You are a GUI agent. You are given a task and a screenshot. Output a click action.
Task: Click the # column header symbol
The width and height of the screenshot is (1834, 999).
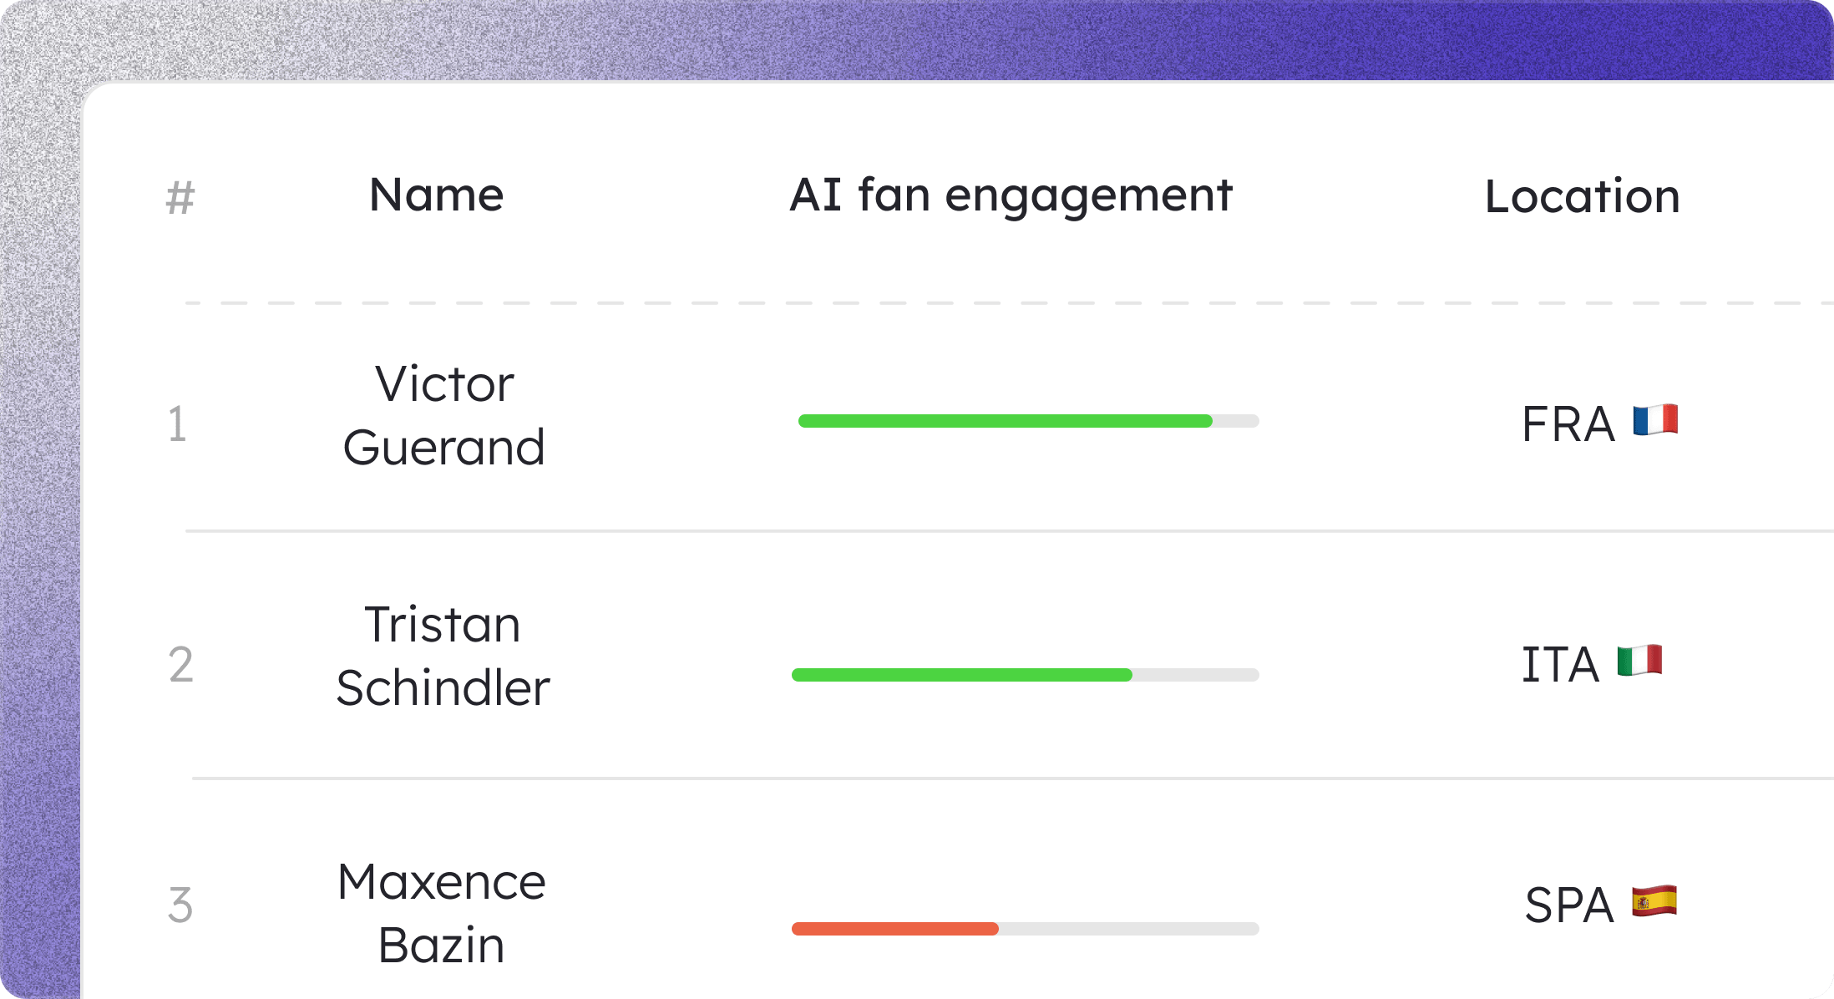(180, 198)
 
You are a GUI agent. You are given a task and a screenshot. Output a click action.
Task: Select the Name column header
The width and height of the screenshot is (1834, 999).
(437, 195)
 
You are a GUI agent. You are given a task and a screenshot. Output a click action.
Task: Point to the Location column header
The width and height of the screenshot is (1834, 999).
(1583, 196)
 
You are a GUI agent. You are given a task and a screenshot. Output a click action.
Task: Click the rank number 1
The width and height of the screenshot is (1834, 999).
(177, 423)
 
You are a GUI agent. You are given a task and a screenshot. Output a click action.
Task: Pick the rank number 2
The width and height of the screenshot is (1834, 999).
(180, 665)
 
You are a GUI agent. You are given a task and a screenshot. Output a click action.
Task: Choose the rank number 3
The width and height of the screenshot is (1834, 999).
(180, 905)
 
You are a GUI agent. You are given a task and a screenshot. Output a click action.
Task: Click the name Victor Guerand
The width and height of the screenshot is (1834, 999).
(444, 415)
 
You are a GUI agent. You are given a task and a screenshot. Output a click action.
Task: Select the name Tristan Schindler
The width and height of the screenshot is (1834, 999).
(443, 656)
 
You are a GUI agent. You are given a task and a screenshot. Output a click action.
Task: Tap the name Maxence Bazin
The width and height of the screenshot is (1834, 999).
(442, 913)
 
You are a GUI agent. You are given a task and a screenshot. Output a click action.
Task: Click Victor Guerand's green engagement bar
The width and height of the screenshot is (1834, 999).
(1006, 421)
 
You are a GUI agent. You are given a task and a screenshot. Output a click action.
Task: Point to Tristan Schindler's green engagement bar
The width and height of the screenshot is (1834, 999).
(962, 675)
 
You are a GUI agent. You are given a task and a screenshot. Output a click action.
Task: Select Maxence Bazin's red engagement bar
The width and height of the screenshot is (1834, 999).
(895, 929)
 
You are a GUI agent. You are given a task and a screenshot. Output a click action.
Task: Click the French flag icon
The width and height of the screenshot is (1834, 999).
(1655, 420)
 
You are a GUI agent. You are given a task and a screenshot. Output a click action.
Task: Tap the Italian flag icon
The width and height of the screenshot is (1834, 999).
(1639, 661)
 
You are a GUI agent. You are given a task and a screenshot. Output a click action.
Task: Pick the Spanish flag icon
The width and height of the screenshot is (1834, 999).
(1654, 901)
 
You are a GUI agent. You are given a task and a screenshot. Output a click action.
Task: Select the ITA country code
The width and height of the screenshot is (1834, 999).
(1560, 665)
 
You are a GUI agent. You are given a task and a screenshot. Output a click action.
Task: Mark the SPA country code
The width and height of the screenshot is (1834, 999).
(1569, 905)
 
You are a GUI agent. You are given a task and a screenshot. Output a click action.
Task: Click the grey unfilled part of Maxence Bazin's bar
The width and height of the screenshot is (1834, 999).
(1129, 929)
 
